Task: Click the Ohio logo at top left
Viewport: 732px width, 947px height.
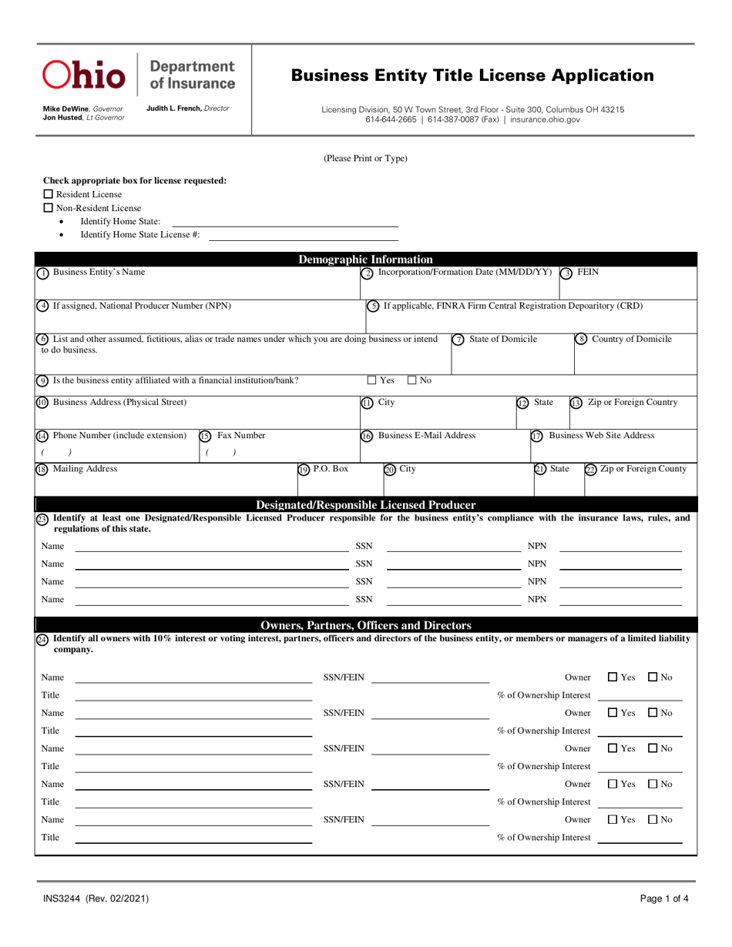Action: (84, 75)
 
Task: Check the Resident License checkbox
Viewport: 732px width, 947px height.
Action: (48, 194)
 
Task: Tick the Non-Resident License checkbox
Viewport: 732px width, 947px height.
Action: (48, 208)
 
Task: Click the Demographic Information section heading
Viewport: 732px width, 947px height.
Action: (365, 259)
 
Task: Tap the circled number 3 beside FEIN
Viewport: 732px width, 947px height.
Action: (566, 273)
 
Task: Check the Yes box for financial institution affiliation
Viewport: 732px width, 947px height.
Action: (371, 380)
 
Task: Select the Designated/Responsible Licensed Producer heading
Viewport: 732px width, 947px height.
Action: (365, 505)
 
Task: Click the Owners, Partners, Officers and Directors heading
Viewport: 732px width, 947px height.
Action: (365, 625)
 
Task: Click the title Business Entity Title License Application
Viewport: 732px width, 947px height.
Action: (472, 75)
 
